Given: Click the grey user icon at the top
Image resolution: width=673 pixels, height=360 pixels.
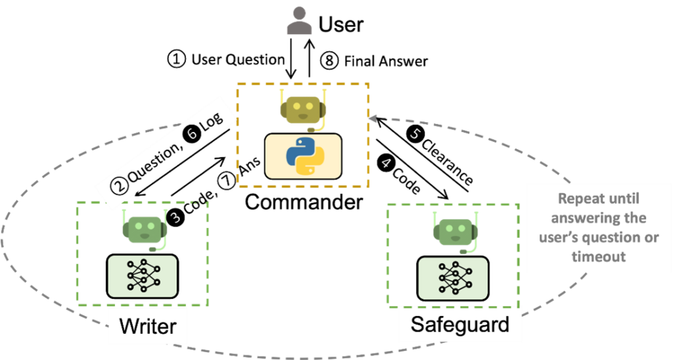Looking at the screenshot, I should pos(299,21).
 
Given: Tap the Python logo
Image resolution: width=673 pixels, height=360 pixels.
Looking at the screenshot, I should pos(303,156).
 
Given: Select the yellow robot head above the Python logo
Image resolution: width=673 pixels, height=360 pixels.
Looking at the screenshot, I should pos(303,108).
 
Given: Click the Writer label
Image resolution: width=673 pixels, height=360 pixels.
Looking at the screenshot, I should pos(147,326).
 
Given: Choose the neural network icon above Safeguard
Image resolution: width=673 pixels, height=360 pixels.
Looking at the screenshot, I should pos(453,277).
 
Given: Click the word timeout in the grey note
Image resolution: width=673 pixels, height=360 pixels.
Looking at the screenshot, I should pos(598,257).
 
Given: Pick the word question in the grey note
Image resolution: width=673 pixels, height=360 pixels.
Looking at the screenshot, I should pos(617,237).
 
